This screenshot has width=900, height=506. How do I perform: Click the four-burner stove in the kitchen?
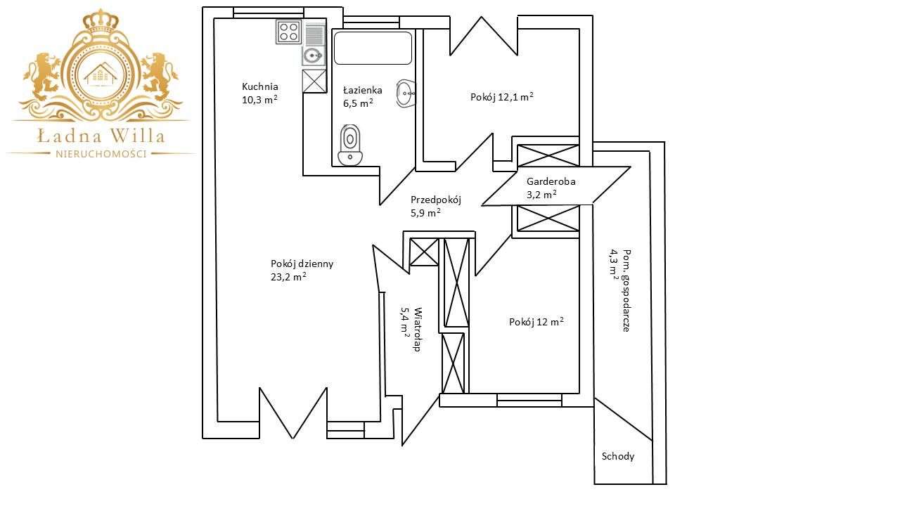coord(288,32)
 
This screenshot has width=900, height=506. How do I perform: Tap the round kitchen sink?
coord(314,56)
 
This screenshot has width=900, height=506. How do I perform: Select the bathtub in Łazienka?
coord(373,48)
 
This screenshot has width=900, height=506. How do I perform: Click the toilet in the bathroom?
coord(350,145)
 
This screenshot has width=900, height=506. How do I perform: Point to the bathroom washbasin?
coord(406,93)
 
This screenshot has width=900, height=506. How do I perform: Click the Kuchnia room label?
coord(260,86)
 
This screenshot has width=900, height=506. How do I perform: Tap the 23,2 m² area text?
coord(288,277)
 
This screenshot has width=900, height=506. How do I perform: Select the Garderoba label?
coord(551,181)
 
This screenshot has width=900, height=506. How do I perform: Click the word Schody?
coord(618,456)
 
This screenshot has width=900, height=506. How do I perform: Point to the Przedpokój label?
coord(435,200)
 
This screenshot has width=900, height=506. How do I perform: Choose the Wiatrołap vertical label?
coord(418,330)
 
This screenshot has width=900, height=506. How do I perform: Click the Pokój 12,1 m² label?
coord(502,97)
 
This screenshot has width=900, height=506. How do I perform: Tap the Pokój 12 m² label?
coord(536,322)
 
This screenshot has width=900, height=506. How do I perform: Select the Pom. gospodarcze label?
coord(626,290)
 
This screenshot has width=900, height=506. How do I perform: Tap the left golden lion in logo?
coord(44,77)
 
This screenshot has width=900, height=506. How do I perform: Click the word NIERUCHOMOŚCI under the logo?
coord(101,154)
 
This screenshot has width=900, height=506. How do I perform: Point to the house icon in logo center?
coord(101,74)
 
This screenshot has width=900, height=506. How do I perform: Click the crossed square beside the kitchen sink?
coord(314,82)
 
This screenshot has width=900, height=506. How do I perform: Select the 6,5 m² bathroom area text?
coord(358,103)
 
